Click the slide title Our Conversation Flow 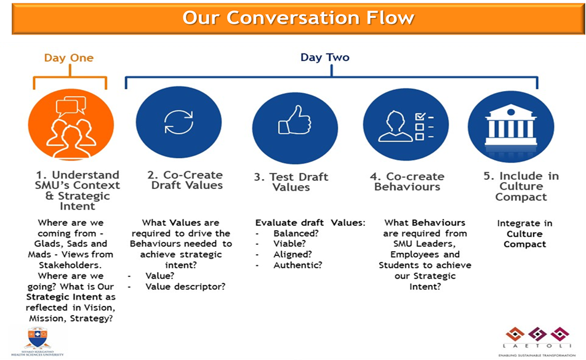pyautogui.click(x=298, y=17)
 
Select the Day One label pyautogui.click(x=69, y=58)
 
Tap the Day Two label pyautogui.click(x=324, y=57)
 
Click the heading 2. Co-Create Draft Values pyautogui.click(x=187, y=180)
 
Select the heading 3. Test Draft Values pyautogui.click(x=291, y=182)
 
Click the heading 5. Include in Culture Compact pyautogui.click(x=521, y=186)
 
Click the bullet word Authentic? pyautogui.click(x=298, y=265)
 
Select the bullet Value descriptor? pyautogui.click(x=185, y=286)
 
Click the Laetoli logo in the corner pyautogui.click(x=532, y=340)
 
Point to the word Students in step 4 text pyautogui.click(x=401, y=265)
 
